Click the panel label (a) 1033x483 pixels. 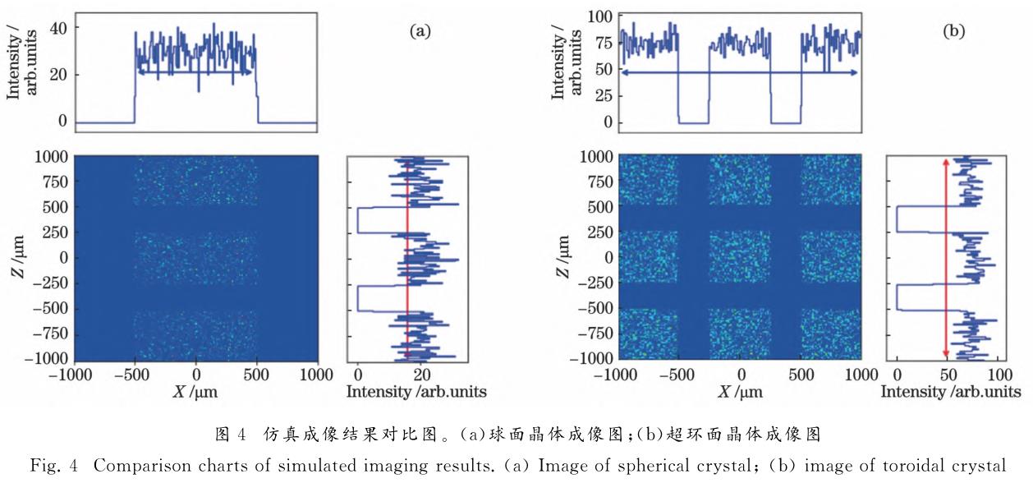tap(420, 31)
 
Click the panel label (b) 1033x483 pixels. tap(953, 31)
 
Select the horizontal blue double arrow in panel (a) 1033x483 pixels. tap(195, 72)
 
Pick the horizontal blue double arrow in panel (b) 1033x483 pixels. tap(739, 73)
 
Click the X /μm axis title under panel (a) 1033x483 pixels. tap(195, 391)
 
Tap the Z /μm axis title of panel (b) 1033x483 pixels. tap(563, 256)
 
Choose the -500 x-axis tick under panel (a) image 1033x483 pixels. tap(135, 375)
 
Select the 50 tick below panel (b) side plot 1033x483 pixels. tap(948, 375)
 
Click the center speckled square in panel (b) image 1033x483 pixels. tap(740, 257)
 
